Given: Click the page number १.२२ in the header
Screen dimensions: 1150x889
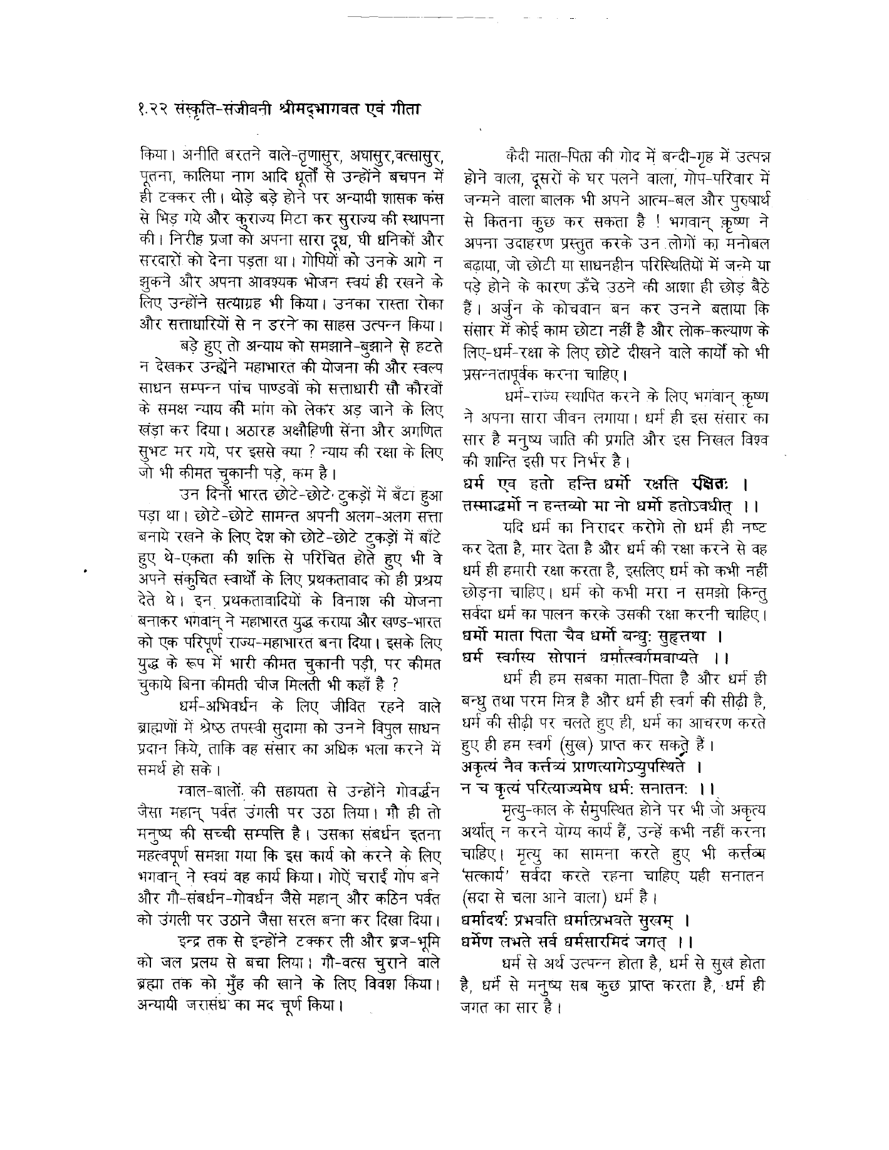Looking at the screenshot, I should click(153, 108).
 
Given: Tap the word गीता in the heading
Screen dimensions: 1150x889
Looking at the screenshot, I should click(403, 107).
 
